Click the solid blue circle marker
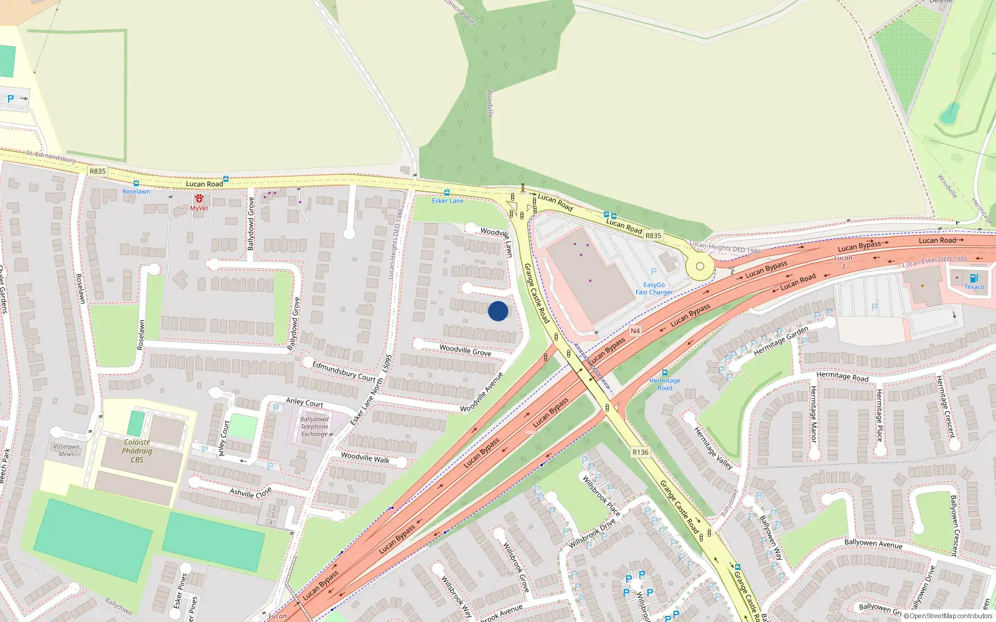(498, 311)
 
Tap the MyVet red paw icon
(199, 198)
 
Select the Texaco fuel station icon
(974, 278)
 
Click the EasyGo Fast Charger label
(654, 289)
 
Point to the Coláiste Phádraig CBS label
(137, 451)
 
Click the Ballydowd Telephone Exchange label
(314, 427)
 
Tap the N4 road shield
(635, 331)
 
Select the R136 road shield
(640, 452)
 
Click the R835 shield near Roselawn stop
(98, 171)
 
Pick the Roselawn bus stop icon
(136, 184)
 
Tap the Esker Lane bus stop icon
(447, 193)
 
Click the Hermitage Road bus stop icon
(665, 373)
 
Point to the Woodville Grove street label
(466, 350)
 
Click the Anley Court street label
(304, 402)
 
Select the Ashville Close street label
(251, 492)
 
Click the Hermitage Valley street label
(713, 448)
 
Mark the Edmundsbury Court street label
(344, 371)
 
